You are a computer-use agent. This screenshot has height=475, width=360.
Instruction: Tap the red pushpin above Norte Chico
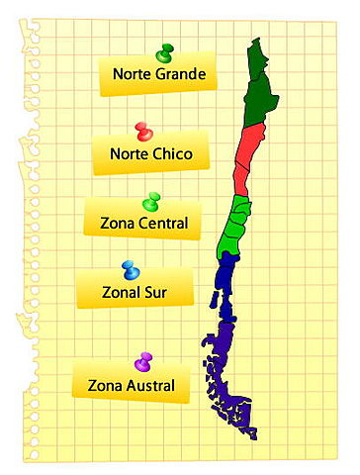[144, 131]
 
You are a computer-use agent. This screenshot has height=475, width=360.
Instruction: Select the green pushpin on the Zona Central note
[150, 202]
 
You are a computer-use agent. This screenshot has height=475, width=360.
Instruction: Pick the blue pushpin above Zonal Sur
[131, 269]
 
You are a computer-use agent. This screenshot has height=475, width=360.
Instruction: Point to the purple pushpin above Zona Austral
[143, 360]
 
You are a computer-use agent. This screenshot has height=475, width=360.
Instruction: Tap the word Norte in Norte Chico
[126, 153]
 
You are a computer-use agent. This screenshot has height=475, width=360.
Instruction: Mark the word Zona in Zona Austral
[105, 385]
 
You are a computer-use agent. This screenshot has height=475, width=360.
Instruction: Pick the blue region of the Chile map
[225, 287]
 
